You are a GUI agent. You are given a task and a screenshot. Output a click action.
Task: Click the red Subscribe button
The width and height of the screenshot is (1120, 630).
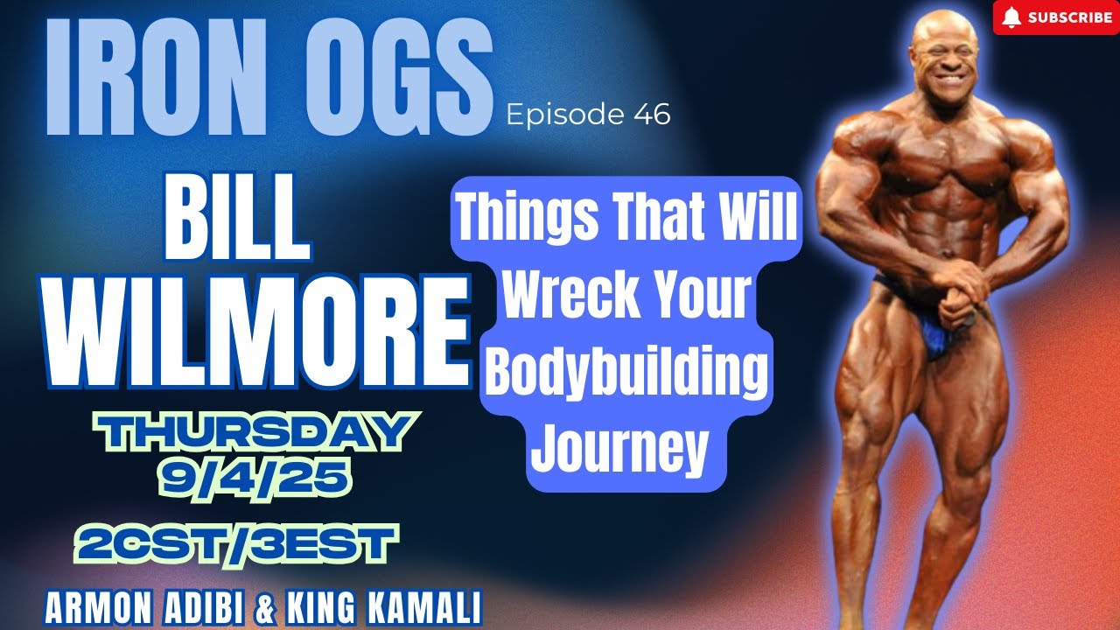tap(1055, 17)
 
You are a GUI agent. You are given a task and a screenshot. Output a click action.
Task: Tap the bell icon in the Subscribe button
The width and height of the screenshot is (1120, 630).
tap(1011, 17)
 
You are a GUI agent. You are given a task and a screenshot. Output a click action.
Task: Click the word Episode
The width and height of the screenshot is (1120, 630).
tap(562, 115)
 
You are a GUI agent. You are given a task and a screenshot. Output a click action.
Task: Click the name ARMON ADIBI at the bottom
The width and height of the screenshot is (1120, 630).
tap(148, 609)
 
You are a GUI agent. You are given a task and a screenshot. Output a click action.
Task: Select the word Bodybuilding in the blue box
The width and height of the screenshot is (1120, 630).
tap(626, 372)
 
